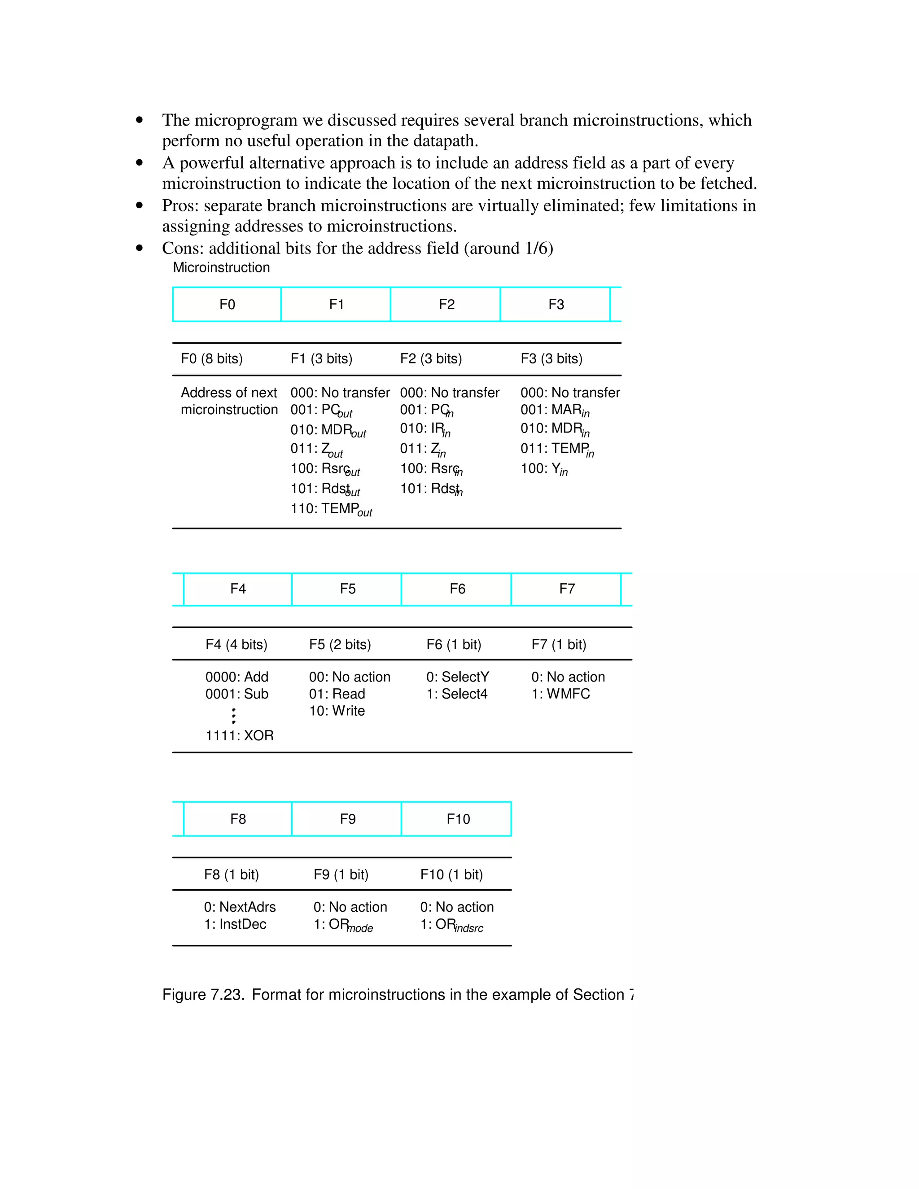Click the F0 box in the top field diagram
[x=227, y=304]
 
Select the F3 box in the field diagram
[x=556, y=304]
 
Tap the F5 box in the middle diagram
[x=347, y=589]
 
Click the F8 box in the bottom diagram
[x=238, y=819]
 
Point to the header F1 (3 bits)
[x=321, y=359]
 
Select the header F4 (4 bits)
[x=236, y=645]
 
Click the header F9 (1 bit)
[x=341, y=874]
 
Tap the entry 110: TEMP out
[x=330, y=509]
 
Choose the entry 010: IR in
[x=424, y=429]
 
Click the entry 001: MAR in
[x=554, y=410]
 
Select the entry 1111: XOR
[x=239, y=735]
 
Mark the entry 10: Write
[x=337, y=711]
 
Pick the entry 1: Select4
[x=456, y=694]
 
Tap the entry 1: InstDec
[x=235, y=924]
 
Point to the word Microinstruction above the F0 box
[x=221, y=267]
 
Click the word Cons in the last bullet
[x=182, y=248]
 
